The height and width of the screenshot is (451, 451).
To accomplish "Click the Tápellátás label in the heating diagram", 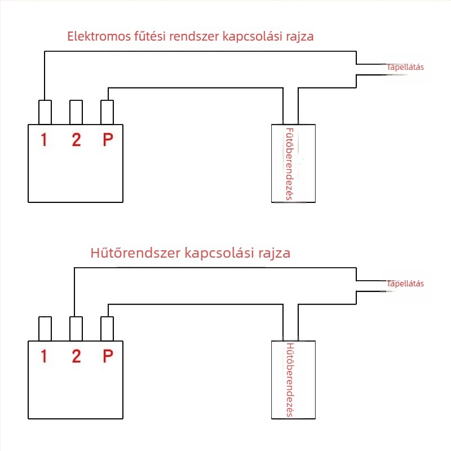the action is click(405, 67).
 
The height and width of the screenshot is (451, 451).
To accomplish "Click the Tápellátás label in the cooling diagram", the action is click(405, 284).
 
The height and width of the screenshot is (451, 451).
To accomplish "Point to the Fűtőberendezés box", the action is click(293, 163).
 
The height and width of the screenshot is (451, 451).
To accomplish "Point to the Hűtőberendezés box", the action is click(293, 379).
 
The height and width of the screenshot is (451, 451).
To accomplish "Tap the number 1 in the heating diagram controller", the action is click(44, 140).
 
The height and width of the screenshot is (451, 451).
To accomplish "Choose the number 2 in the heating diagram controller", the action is click(76, 140).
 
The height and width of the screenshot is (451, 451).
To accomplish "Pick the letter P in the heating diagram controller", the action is click(108, 140).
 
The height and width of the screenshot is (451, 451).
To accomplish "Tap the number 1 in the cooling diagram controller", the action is click(44, 356).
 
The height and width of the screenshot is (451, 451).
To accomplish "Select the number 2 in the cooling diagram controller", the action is click(76, 356).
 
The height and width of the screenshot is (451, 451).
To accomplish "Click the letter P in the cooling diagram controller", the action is click(108, 356).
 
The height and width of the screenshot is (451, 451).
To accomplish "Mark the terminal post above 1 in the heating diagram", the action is click(45, 112).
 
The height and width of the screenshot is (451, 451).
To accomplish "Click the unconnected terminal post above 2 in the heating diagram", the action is click(76, 112).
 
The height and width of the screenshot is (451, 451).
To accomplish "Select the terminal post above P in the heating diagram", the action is click(107, 112).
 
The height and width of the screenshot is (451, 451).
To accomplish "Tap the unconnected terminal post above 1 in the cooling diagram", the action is click(45, 329).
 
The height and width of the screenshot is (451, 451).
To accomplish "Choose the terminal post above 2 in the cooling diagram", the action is click(76, 329).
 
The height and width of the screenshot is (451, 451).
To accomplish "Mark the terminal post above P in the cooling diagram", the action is click(107, 329).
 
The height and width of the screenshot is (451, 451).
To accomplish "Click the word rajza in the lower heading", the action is click(274, 254).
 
